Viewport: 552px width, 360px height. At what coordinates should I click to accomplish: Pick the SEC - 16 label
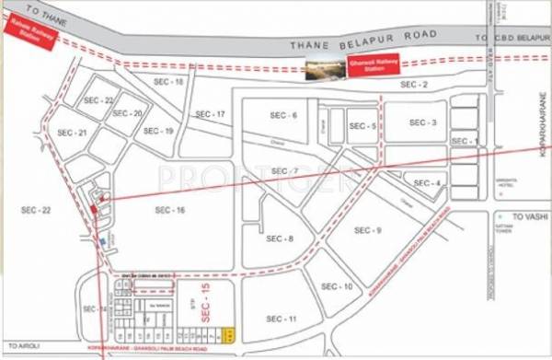click(170, 211)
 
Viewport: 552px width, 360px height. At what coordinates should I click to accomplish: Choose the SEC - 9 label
click(368, 229)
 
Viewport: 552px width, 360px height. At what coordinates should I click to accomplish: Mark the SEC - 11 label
click(282, 318)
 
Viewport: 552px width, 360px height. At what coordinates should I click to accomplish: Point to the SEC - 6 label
click(282, 115)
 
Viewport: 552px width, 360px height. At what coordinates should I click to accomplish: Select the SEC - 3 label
click(422, 122)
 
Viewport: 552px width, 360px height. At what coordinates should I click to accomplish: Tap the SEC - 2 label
click(415, 84)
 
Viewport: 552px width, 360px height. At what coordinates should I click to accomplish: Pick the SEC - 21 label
click(71, 134)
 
